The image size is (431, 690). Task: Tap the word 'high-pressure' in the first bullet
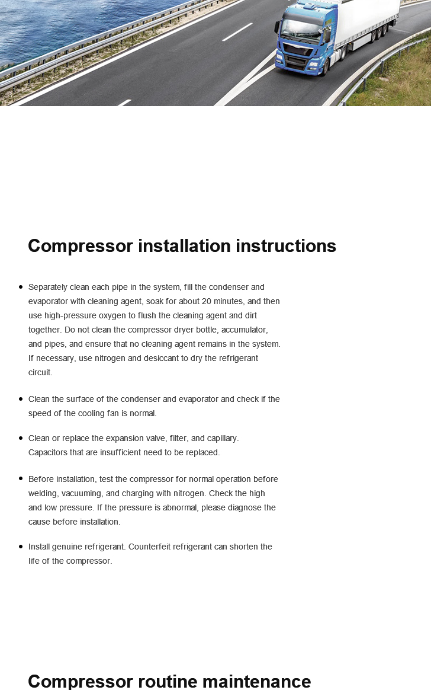69,315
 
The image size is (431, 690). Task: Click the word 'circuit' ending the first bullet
40,372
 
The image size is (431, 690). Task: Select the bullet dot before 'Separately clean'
21,287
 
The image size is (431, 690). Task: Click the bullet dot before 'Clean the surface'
21,399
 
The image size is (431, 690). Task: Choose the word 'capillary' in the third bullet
220,438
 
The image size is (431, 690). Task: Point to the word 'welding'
44,493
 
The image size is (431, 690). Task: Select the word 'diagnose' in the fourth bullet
244,507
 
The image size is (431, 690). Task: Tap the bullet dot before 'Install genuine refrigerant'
21,547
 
